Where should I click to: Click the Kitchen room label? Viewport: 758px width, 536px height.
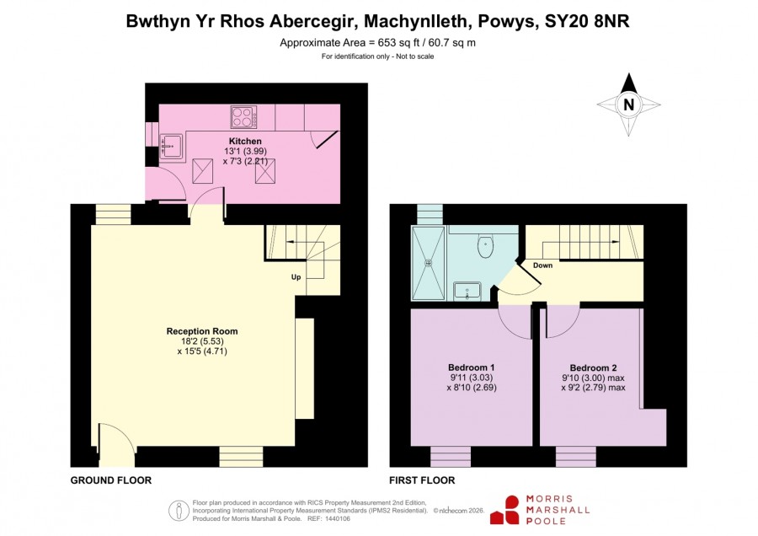[245, 142]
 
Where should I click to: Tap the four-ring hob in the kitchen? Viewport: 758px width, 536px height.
[244, 117]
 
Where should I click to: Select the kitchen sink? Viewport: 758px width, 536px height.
[172, 146]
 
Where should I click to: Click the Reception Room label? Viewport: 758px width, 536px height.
[202, 331]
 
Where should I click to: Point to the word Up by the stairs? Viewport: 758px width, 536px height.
[296, 277]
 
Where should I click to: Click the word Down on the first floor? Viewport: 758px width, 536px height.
[542, 265]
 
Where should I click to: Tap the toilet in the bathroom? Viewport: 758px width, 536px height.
[485, 246]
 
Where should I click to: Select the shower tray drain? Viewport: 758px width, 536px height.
[428, 263]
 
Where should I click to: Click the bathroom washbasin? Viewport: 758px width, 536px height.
[467, 292]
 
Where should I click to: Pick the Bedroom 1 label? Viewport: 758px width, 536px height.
[471, 367]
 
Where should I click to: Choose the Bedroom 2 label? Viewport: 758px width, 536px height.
[593, 367]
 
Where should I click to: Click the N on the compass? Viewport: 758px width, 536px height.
[628, 105]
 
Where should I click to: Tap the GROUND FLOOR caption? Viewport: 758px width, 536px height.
[111, 480]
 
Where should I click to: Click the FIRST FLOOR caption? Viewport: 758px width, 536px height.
[422, 480]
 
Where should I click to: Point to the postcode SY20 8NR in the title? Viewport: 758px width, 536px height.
[587, 21]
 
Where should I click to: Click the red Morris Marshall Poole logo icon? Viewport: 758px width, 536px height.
[505, 511]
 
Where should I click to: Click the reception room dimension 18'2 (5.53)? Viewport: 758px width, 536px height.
[202, 341]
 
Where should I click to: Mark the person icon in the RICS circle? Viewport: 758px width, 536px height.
[179, 510]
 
